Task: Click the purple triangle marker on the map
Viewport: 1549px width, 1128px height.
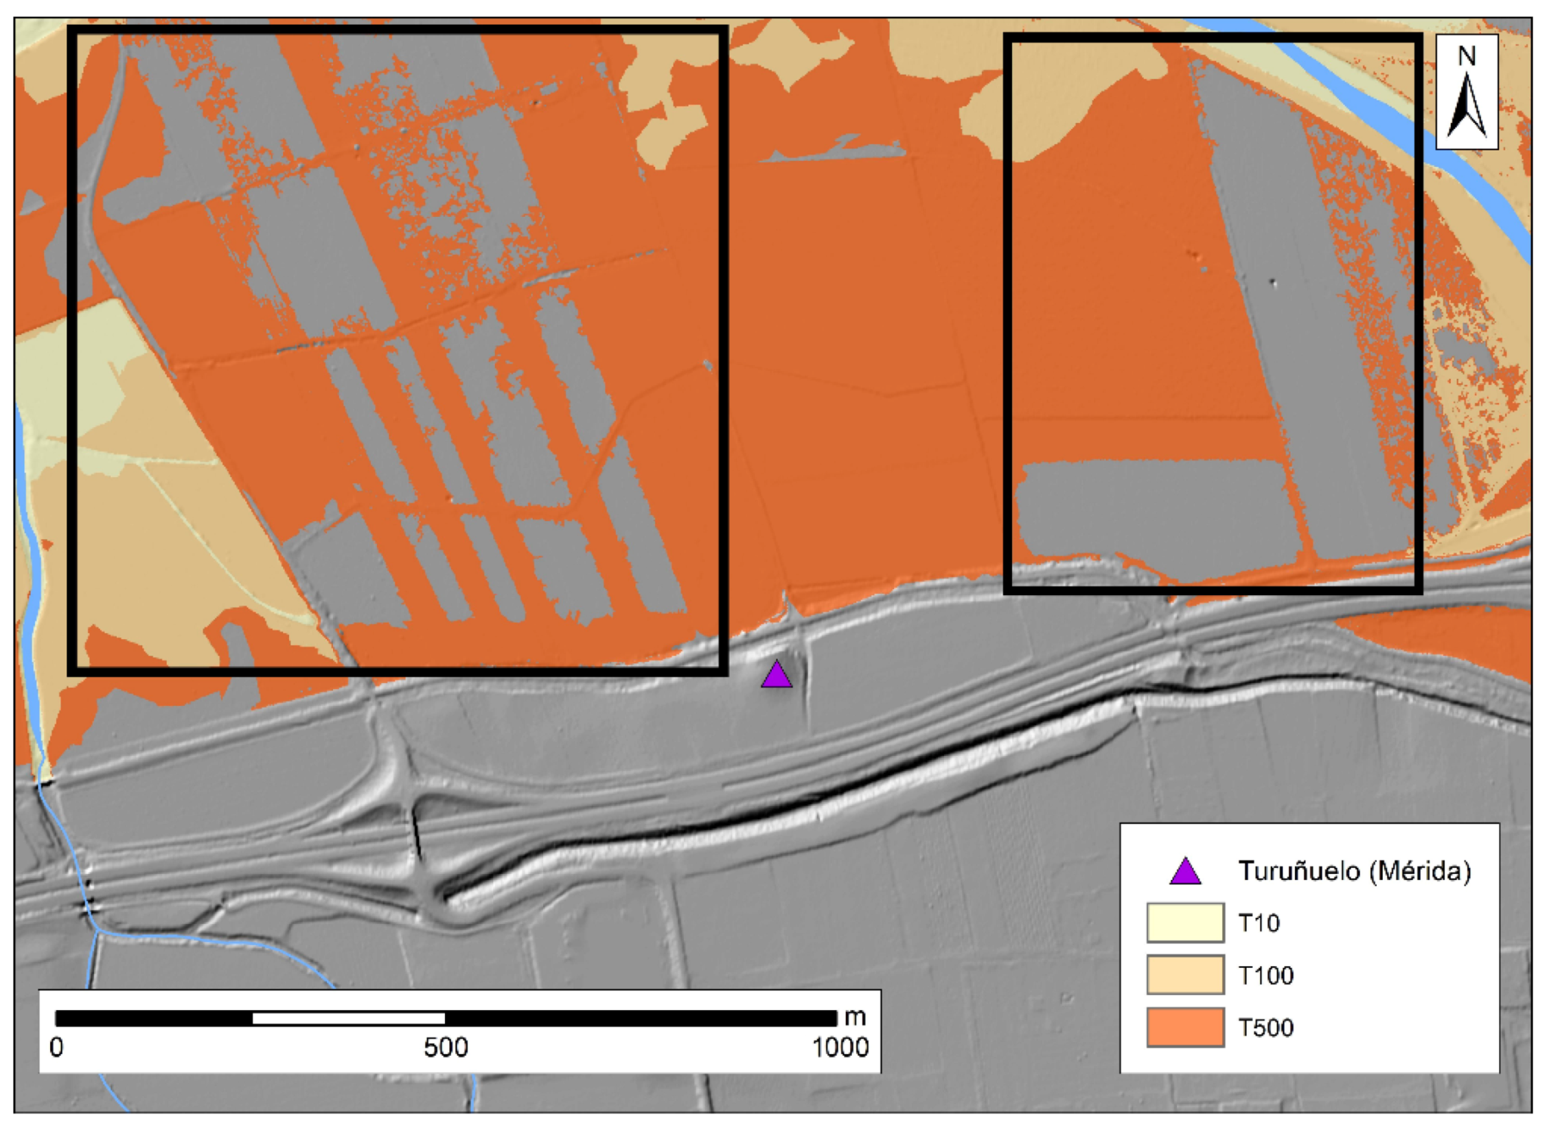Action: tap(777, 676)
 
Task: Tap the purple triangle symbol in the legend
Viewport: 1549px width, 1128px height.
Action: tap(1185, 872)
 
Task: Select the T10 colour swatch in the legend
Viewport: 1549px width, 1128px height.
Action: tap(1185, 923)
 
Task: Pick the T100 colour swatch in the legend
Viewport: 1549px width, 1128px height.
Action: tap(1185, 975)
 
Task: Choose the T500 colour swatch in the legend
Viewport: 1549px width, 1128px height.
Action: tap(1185, 1027)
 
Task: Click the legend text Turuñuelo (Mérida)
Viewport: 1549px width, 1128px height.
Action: tap(1355, 871)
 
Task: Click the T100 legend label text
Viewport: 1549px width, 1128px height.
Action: tap(1265, 976)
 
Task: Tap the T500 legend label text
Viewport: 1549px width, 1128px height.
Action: tap(1265, 1028)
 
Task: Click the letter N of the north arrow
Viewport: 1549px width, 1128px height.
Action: tap(1467, 56)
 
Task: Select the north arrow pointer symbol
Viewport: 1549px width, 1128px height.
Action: tap(1467, 106)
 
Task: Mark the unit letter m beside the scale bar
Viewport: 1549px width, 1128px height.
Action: tap(856, 1017)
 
